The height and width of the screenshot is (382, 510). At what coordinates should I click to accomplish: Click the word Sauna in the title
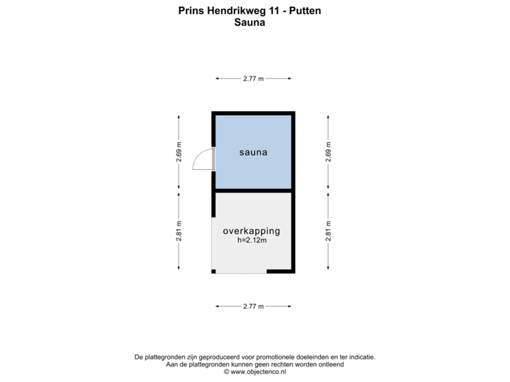[249, 23]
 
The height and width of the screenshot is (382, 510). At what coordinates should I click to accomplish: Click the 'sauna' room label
[254, 152]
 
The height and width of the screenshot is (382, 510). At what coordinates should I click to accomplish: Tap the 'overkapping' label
[251, 231]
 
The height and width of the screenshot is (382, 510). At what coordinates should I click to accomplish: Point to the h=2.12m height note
[252, 241]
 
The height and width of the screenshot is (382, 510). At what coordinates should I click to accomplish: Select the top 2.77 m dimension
[254, 79]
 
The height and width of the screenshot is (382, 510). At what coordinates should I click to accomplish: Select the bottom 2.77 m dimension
[254, 306]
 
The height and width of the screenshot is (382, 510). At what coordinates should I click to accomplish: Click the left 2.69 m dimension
[178, 152]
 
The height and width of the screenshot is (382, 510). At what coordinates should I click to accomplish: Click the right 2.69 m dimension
[328, 152]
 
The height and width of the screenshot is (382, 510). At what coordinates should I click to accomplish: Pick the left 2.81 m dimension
[178, 231]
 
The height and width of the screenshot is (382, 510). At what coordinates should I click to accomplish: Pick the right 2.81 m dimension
[328, 231]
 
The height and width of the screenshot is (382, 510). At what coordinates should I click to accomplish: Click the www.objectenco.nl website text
[259, 372]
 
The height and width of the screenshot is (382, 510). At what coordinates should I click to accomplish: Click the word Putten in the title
[305, 11]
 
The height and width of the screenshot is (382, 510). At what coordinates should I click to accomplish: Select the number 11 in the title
[274, 11]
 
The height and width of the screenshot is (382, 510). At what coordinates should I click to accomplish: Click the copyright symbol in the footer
[227, 372]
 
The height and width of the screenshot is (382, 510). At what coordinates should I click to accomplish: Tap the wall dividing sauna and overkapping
[254, 191]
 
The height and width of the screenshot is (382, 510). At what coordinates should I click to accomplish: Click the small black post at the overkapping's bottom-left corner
[213, 272]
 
